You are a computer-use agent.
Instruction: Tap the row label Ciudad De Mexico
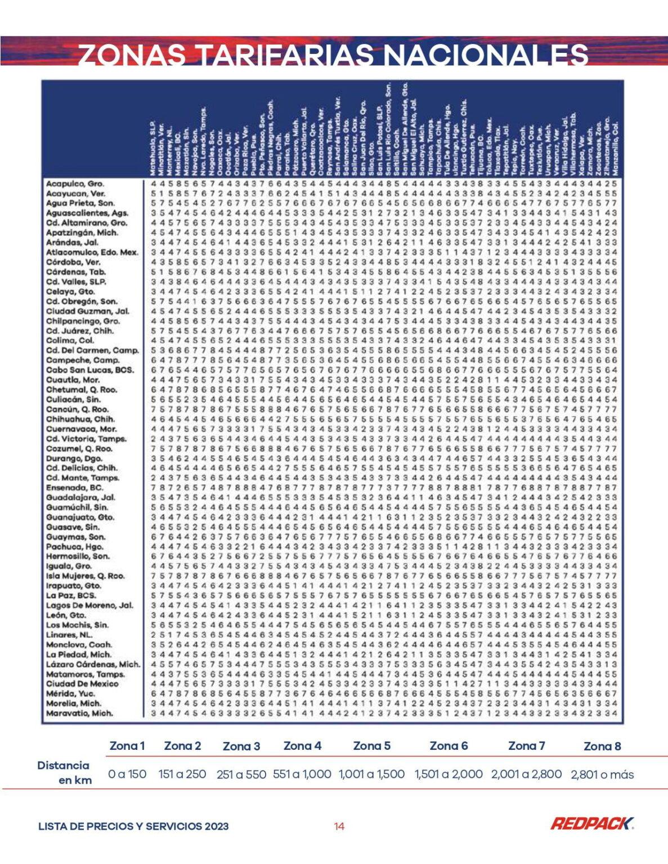click(x=82, y=684)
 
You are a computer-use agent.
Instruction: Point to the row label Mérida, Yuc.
click(x=70, y=694)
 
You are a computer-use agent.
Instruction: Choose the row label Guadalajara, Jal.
click(x=80, y=498)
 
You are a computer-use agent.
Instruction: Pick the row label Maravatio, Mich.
click(x=79, y=713)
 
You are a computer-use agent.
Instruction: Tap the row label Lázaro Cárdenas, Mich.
click(x=93, y=664)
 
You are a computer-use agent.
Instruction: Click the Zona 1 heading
click(x=127, y=746)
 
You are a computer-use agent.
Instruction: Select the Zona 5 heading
click(x=371, y=746)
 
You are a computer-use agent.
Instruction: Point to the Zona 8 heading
click(x=602, y=746)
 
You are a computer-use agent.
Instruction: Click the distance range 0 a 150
click(x=127, y=774)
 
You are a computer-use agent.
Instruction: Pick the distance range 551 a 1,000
click(x=302, y=774)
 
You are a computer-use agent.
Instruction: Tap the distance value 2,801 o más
click(x=602, y=775)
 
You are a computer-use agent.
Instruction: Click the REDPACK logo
click(x=591, y=824)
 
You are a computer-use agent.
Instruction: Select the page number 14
click(x=339, y=826)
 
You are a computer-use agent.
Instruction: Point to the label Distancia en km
click(x=64, y=772)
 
